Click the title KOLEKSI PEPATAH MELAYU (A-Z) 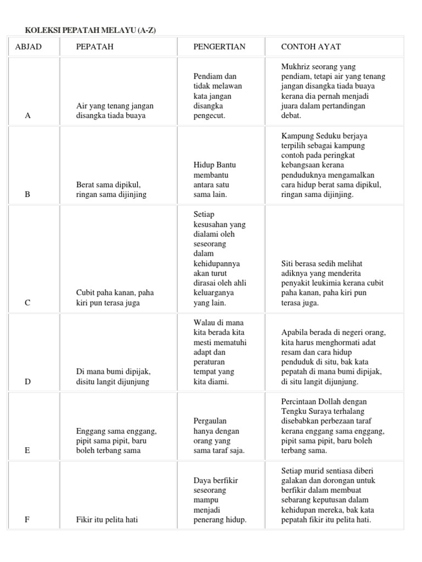(x=91, y=31)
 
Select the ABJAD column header (x=28, y=47)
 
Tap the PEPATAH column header (x=95, y=47)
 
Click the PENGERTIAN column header (x=219, y=47)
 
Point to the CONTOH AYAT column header (x=311, y=47)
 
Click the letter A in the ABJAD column (x=28, y=116)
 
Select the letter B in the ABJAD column (x=28, y=195)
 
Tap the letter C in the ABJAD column (x=28, y=303)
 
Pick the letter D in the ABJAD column (x=28, y=382)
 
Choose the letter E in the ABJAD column (x=28, y=451)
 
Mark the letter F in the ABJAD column (x=28, y=520)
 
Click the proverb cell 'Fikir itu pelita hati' (x=107, y=520)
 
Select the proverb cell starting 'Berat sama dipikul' (x=112, y=190)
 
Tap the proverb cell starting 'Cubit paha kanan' (x=115, y=298)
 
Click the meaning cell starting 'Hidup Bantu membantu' (x=215, y=180)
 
